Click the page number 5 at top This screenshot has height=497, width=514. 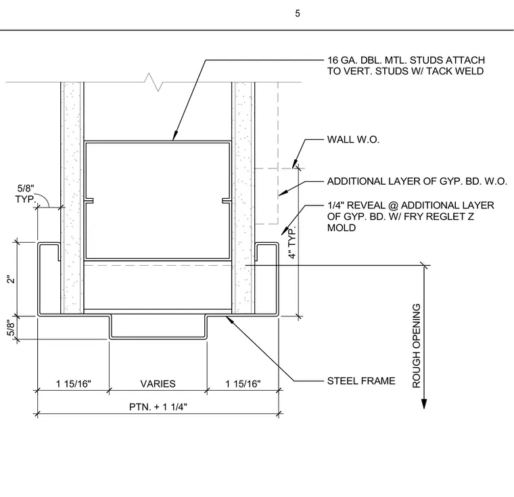(x=298, y=14)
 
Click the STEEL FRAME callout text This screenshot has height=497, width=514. (x=361, y=381)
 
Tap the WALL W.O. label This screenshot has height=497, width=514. (x=353, y=140)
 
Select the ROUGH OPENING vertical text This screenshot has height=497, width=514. (x=416, y=346)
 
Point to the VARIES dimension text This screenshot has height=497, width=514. (x=158, y=383)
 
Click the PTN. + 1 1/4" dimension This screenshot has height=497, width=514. (x=158, y=407)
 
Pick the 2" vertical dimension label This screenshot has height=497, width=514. (x=11, y=279)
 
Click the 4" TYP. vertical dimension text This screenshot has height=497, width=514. (x=291, y=242)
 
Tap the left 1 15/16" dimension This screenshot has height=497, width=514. (x=74, y=383)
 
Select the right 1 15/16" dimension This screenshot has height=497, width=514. (x=243, y=383)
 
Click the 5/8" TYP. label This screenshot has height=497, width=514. (x=25, y=194)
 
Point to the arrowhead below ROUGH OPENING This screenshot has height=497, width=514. (x=424, y=404)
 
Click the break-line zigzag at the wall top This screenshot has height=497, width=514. (x=154, y=82)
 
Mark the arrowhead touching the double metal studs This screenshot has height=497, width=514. (x=175, y=135)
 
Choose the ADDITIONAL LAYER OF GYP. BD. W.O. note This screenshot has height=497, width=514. (x=417, y=181)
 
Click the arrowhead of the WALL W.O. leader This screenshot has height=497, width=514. (x=295, y=164)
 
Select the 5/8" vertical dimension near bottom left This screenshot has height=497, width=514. (x=11, y=329)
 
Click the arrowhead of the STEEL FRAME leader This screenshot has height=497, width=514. (x=230, y=321)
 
